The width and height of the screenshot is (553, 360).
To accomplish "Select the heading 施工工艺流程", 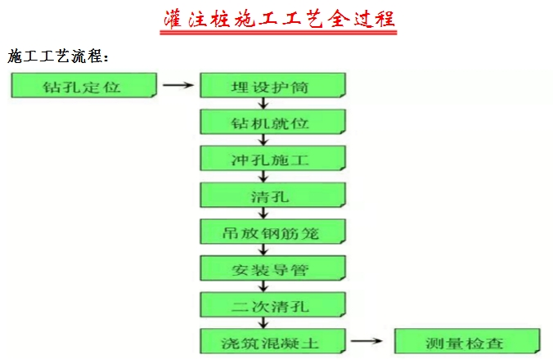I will [x=57, y=57].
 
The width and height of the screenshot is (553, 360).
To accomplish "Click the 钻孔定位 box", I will [x=83, y=85].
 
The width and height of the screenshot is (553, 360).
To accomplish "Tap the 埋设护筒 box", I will [x=272, y=85].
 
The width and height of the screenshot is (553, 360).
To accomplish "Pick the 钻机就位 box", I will [x=272, y=122].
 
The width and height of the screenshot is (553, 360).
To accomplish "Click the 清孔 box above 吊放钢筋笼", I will [x=272, y=196].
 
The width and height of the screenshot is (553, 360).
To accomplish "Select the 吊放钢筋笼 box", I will [x=272, y=232].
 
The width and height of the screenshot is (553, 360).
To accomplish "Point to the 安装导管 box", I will [x=272, y=268].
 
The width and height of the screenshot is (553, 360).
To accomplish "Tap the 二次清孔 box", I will [x=272, y=305].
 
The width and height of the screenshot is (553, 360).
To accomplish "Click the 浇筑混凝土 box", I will [x=272, y=341].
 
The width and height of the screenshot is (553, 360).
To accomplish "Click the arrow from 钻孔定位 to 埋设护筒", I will [x=178, y=84].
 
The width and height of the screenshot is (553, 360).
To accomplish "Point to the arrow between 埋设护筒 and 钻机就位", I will [x=263, y=103].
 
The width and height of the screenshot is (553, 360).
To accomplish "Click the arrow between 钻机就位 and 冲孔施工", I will [x=263, y=140].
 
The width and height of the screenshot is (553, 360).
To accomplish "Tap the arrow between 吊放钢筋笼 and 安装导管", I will [x=263, y=250].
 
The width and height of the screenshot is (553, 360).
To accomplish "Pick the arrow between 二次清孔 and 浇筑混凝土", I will [x=263, y=323].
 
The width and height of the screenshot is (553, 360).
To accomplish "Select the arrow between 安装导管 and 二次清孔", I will [x=263, y=286].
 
